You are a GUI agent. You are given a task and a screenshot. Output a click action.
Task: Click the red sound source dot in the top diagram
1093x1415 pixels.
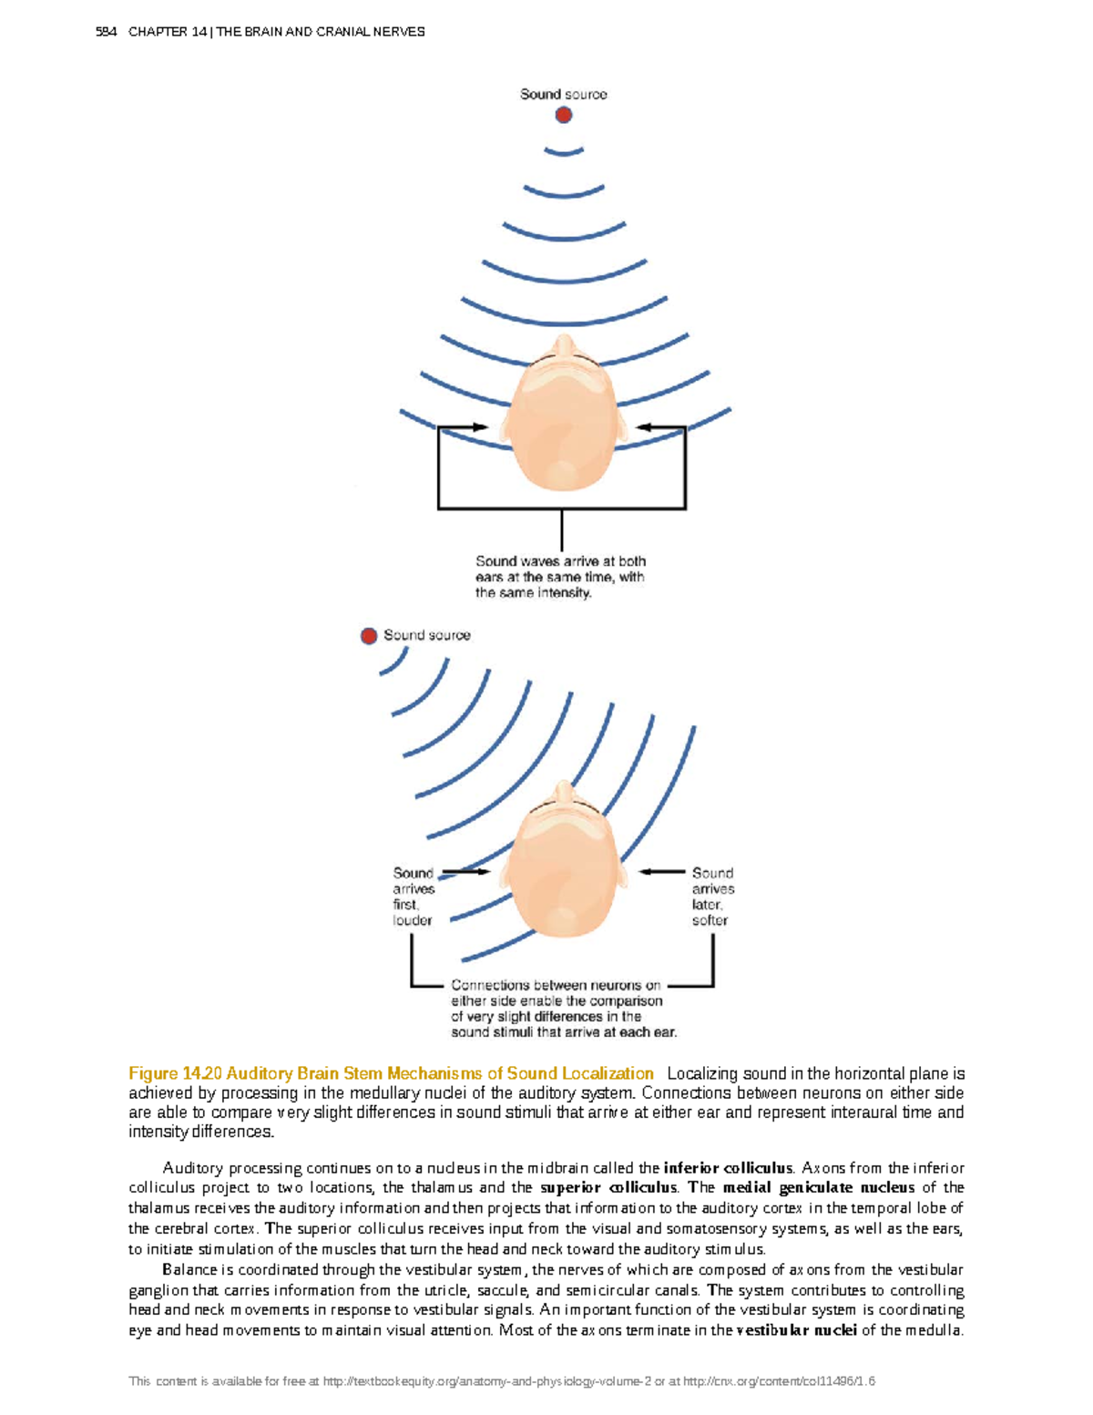click(x=564, y=115)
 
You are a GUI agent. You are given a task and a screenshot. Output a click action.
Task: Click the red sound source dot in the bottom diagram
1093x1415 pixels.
click(x=369, y=636)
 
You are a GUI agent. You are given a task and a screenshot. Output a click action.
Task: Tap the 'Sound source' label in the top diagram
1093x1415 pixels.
click(x=563, y=94)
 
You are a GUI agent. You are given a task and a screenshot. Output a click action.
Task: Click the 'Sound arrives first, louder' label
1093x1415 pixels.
click(x=414, y=897)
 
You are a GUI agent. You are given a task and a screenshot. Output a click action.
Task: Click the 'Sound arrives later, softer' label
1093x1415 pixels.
click(x=712, y=897)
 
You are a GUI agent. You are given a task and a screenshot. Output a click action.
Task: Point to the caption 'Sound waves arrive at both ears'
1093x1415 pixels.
click(x=560, y=577)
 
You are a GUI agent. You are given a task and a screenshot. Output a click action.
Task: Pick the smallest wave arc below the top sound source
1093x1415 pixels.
click(x=564, y=151)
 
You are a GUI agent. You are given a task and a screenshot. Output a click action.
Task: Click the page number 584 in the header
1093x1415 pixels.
click(x=106, y=32)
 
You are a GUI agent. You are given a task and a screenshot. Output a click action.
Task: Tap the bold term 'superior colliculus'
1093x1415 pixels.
click(x=608, y=1188)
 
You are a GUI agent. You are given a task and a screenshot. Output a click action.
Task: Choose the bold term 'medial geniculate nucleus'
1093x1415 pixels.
click(x=818, y=1188)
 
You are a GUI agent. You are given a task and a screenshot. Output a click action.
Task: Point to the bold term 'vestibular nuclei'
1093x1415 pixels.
click(x=796, y=1330)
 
